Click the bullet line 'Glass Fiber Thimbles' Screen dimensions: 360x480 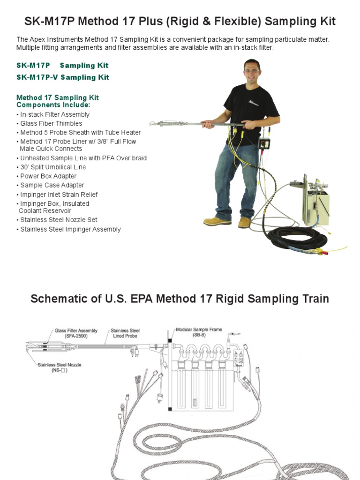point(49,123)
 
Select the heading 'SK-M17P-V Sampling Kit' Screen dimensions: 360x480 point(63,77)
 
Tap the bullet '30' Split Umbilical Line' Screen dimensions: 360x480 point(51,167)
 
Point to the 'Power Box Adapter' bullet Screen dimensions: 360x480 point(46,176)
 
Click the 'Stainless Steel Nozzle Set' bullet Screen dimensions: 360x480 point(57,220)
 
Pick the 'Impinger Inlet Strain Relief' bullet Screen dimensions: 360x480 point(57,195)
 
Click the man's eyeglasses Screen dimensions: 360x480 point(251,71)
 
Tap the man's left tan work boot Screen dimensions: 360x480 point(244,222)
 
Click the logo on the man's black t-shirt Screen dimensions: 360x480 point(253,103)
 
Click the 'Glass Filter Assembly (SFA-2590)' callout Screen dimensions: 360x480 point(76,333)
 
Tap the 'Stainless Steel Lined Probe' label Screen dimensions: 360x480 point(125,333)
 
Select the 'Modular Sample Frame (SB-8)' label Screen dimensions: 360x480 point(199,332)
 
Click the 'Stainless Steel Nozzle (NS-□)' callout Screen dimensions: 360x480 point(60,367)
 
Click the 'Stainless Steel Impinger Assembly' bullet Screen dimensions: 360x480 point(68,229)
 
